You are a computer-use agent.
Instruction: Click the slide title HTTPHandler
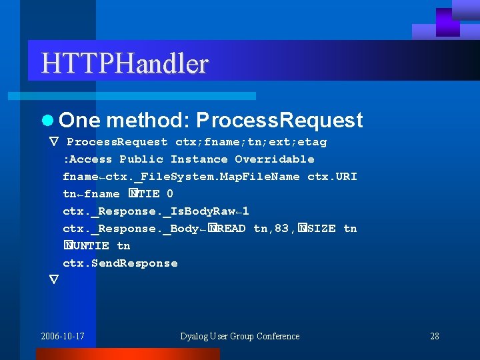(125, 64)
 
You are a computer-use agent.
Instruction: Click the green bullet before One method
(46, 121)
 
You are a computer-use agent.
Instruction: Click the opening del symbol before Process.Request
(54, 142)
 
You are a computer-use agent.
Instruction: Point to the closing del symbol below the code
(54, 279)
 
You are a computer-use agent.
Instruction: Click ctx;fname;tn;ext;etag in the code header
(251, 142)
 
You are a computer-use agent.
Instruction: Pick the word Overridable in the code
(275, 159)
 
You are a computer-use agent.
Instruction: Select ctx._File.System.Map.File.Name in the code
(203, 177)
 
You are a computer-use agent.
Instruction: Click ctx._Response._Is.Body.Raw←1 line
(156, 211)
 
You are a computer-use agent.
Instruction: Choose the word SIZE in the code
(321, 229)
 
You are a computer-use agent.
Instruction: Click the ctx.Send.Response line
(120, 263)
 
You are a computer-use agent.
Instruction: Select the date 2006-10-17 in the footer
(63, 336)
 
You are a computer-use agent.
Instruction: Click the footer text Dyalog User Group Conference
(240, 336)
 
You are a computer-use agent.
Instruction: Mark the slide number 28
(435, 336)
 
